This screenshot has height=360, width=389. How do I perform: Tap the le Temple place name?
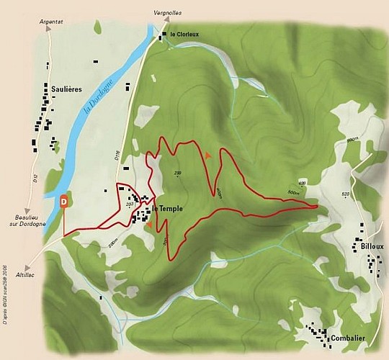click(167, 209)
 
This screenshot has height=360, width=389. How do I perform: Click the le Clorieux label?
click(184, 34)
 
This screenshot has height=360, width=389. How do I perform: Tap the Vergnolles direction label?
click(166, 13)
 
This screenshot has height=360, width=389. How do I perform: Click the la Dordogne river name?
click(92, 101)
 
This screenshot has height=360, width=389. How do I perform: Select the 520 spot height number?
click(344, 194)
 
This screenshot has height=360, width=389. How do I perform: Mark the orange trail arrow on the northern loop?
click(208, 155)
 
